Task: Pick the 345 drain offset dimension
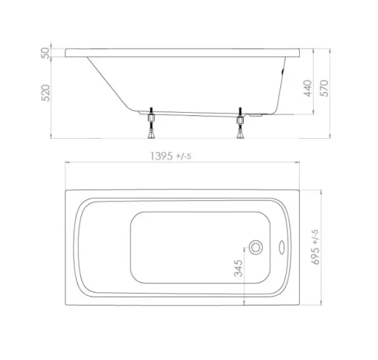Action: point(238,269)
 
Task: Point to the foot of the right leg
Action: point(240,134)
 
